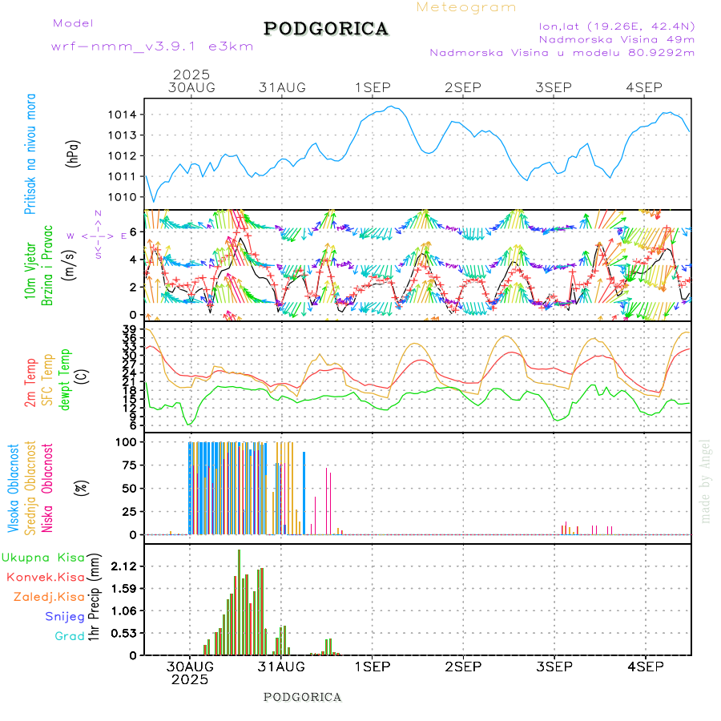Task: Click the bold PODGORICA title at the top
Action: point(326,29)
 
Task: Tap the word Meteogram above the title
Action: point(466,7)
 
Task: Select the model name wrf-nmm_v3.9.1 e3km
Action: point(152,46)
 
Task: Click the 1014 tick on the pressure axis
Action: point(125,115)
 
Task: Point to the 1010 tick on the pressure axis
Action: point(125,196)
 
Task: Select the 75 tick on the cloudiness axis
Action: point(130,465)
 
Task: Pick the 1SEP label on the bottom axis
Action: point(373,667)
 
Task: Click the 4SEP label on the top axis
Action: point(645,87)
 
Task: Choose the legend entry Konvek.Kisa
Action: point(45,577)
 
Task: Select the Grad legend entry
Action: point(70,636)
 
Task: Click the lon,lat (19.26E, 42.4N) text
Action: point(616,26)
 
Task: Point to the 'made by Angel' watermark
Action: point(706,481)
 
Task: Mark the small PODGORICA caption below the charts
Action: point(302,697)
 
